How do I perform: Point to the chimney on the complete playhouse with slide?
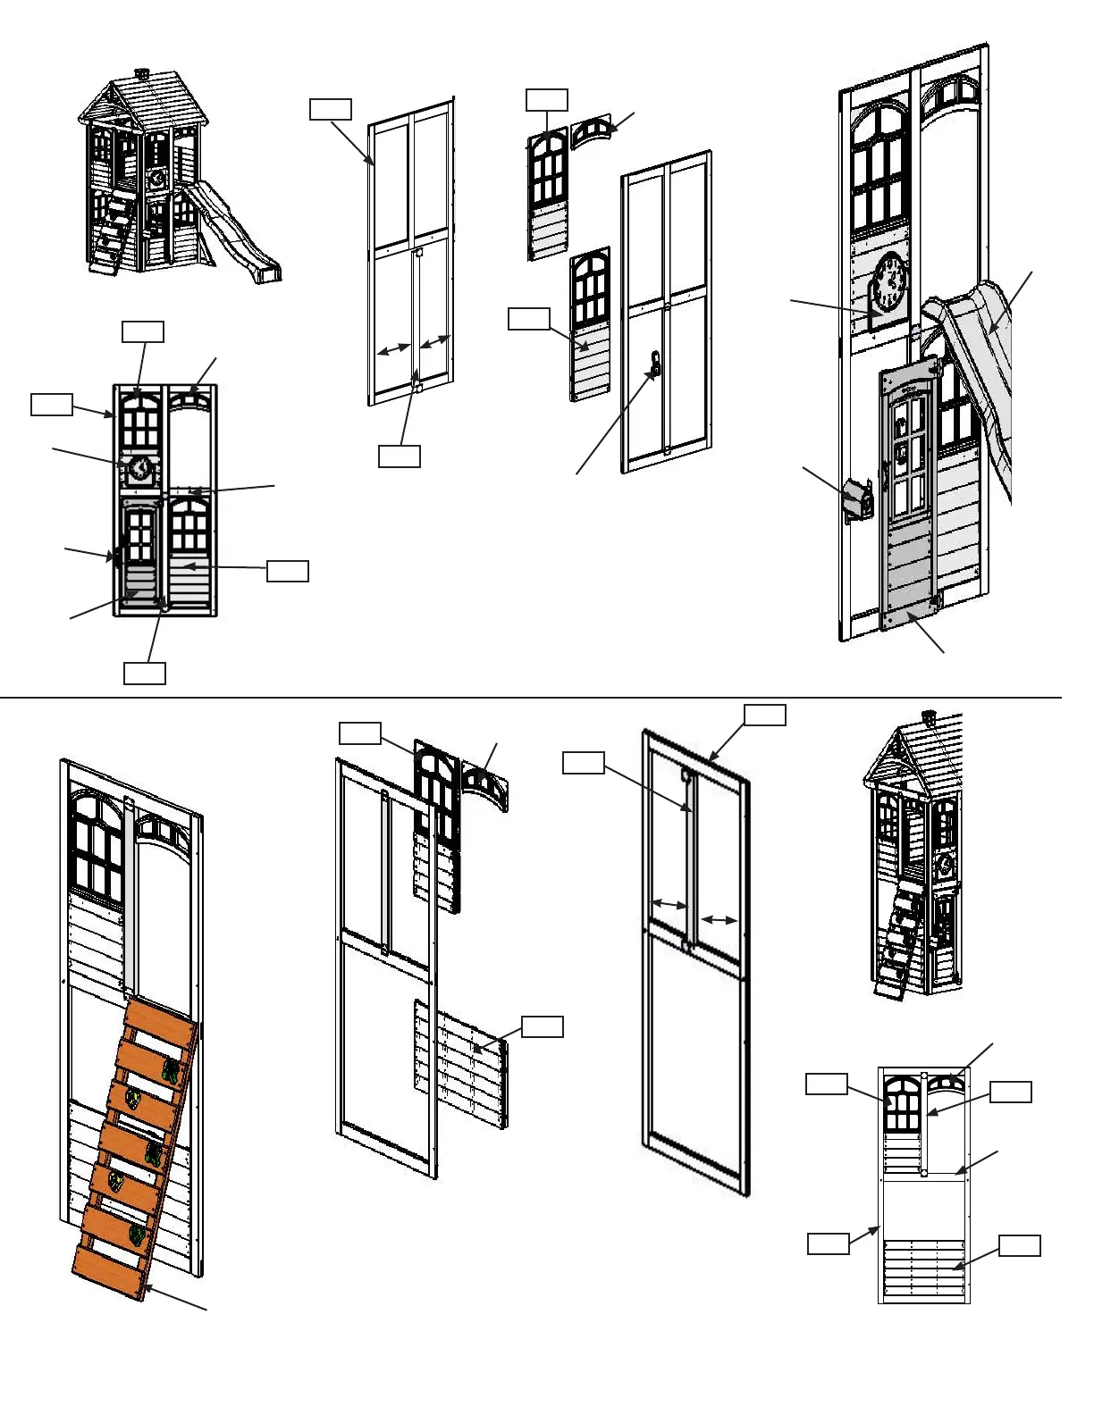(140, 72)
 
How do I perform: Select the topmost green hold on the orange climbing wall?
(171, 1069)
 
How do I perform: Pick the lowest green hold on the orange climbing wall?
(136, 1235)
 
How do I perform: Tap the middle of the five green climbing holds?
(155, 1153)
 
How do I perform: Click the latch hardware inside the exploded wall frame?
(655, 365)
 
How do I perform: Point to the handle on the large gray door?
(885, 474)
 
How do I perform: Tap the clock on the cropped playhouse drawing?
(943, 864)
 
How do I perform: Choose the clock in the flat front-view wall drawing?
(139, 468)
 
